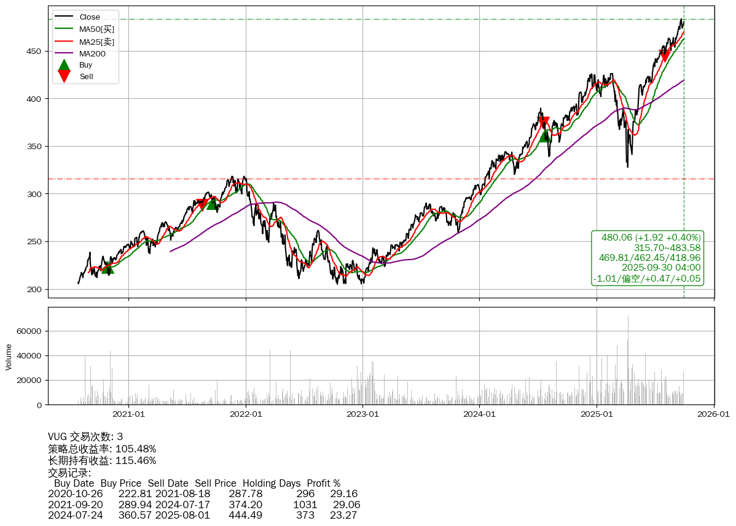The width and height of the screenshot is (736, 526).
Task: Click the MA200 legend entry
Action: (92, 53)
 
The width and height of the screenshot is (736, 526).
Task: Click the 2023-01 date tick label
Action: (362, 414)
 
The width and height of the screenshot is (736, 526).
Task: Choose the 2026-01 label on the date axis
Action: (713, 414)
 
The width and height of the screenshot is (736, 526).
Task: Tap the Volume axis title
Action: (9, 357)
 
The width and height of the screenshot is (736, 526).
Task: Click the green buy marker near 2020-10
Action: (108, 268)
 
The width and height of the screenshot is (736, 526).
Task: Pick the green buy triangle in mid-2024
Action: (545, 136)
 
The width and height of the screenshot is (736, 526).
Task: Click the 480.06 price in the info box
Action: (617, 238)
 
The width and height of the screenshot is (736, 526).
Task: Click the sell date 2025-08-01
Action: (182, 515)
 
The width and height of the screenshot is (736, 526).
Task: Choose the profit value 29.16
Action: (344, 493)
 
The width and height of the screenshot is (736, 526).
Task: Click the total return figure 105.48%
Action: (136, 449)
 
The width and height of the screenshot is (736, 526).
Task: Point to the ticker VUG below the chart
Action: (58, 437)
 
